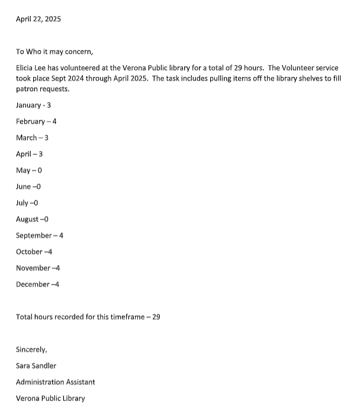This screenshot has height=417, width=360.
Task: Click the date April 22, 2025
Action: [x=38, y=19]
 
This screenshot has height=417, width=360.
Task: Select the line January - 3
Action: [x=37, y=105]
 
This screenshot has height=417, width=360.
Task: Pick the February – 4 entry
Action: [x=36, y=121]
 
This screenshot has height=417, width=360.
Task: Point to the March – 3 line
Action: [x=32, y=138]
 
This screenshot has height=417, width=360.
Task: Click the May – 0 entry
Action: [x=29, y=170]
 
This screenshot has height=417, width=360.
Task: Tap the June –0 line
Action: [x=28, y=186]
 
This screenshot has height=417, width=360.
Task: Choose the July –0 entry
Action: [x=27, y=203]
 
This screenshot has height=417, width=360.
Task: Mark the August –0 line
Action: [x=32, y=219]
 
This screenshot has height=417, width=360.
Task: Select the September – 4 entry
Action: [x=40, y=235]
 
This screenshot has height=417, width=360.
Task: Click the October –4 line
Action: [x=34, y=252]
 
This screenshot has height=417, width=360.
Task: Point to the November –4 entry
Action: [x=38, y=268]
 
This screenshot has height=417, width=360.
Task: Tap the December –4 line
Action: [x=37, y=285]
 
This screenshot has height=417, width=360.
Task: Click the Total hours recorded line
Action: [x=88, y=317]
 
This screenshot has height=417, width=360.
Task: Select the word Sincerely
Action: [x=31, y=350]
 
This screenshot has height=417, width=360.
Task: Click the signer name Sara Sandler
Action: [x=36, y=366]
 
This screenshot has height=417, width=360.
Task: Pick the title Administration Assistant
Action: [x=55, y=382]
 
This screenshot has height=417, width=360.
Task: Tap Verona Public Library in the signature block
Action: [x=50, y=398]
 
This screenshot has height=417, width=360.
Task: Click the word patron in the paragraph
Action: [x=27, y=89]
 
